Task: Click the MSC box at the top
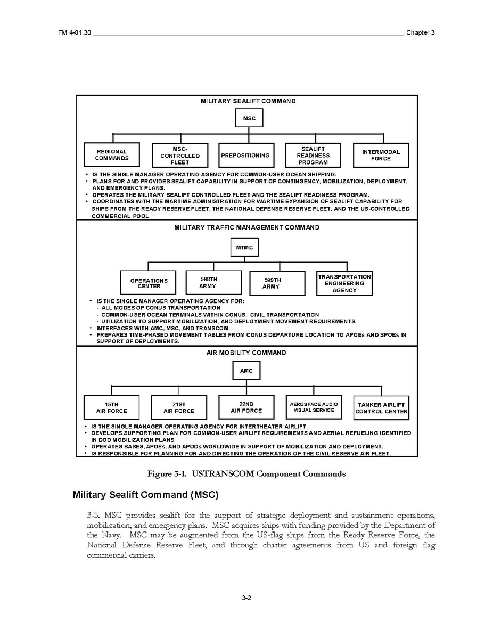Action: click(249, 118)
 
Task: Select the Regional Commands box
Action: click(112, 155)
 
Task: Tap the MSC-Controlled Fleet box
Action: click(179, 156)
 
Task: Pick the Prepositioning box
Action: click(246, 156)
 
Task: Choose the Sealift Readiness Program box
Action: click(313, 156)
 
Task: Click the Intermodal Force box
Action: click(381, 155)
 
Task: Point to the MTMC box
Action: click(245, 248)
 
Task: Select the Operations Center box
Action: click(149, 283)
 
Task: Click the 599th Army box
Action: click(277, 283)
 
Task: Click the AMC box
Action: click(246, 371)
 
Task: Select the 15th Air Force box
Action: click(112, 407)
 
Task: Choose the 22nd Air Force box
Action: click(246, 407)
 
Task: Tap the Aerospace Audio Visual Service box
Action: click(314, 407)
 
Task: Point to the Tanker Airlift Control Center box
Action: click(381, 408)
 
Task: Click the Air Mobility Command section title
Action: click(246, 353)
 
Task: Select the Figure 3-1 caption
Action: click(246, 474)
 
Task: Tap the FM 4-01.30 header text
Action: click(75, 32)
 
